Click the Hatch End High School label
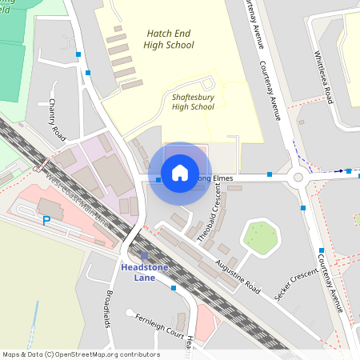pyautogui.click(x=170, y=39)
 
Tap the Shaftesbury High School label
pyautogui.click(x=193, y=102)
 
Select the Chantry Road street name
pyautogui.click(x=56, y=118)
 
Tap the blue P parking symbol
pyautogui.click(x=46, y=220)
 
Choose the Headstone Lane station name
pyautogui.click(x=144, y=273)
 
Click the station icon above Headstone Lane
pyautogui.click(x=144, y=256)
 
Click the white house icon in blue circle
pyautogui.click(x=180, y=173)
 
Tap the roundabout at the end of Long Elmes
pyautogui.click(x=298, y=178)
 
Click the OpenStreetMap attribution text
pyautogui.click(x=81, y=354)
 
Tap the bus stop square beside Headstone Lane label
pyautogui.click(x=174, y=287)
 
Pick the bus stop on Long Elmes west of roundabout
pyautogui.click(x=270, y=174)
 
